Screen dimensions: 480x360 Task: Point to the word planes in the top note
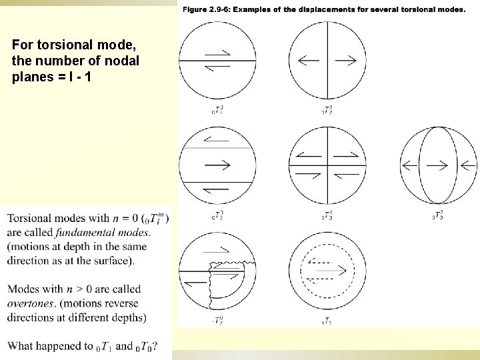[x=29, y=76]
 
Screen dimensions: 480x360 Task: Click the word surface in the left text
[x=113, y=260]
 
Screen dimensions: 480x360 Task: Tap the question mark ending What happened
[x=155, y=346]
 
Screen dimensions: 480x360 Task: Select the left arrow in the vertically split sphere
[x=309, y=61]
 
